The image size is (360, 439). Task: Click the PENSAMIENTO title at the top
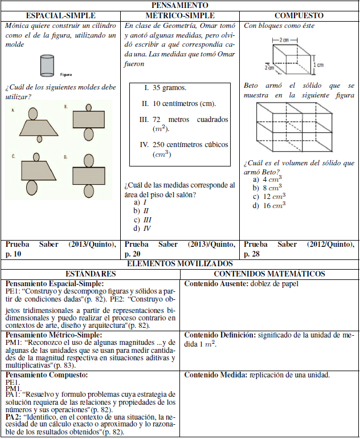180,5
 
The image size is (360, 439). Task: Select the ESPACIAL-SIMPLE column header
62,15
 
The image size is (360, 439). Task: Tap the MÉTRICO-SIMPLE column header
180,15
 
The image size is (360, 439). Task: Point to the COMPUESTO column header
300,15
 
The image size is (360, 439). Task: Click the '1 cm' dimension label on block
320,65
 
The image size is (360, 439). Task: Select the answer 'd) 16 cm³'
269,205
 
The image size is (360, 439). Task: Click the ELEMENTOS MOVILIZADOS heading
180,264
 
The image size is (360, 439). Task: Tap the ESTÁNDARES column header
91,274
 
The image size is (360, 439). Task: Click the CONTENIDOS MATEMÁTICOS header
270,274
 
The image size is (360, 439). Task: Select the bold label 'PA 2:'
15,417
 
